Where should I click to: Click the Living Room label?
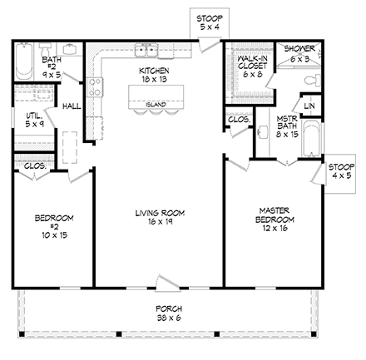coord(159,218)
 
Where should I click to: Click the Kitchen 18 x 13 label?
coord(155,76)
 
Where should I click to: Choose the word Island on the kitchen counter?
coord(155,105)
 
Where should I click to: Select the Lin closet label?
coord(309,106)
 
